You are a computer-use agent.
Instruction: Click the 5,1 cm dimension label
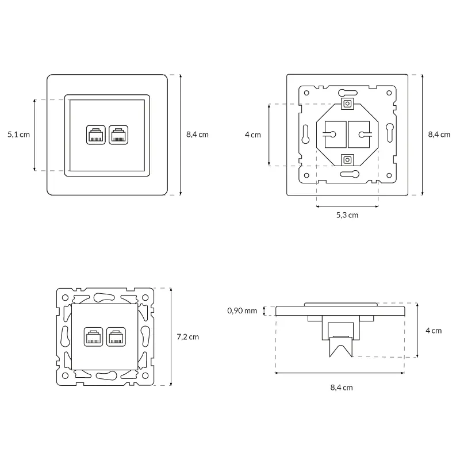[x=18, y=135]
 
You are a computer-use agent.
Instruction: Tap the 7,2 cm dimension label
[x=188, y=337]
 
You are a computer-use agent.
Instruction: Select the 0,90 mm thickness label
[x=242, y=310]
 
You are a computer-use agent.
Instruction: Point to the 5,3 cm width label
[x=347, y=215]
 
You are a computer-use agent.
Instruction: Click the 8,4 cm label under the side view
[x=342, y=388]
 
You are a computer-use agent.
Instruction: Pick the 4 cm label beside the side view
[x=434, y=331]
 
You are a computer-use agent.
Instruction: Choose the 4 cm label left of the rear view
[x=253, y=135]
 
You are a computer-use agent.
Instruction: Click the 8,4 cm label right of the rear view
[x=439, y=135]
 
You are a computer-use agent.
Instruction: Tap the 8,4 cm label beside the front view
[x=197, y=135]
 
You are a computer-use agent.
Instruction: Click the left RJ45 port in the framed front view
[x=95, y=135]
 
